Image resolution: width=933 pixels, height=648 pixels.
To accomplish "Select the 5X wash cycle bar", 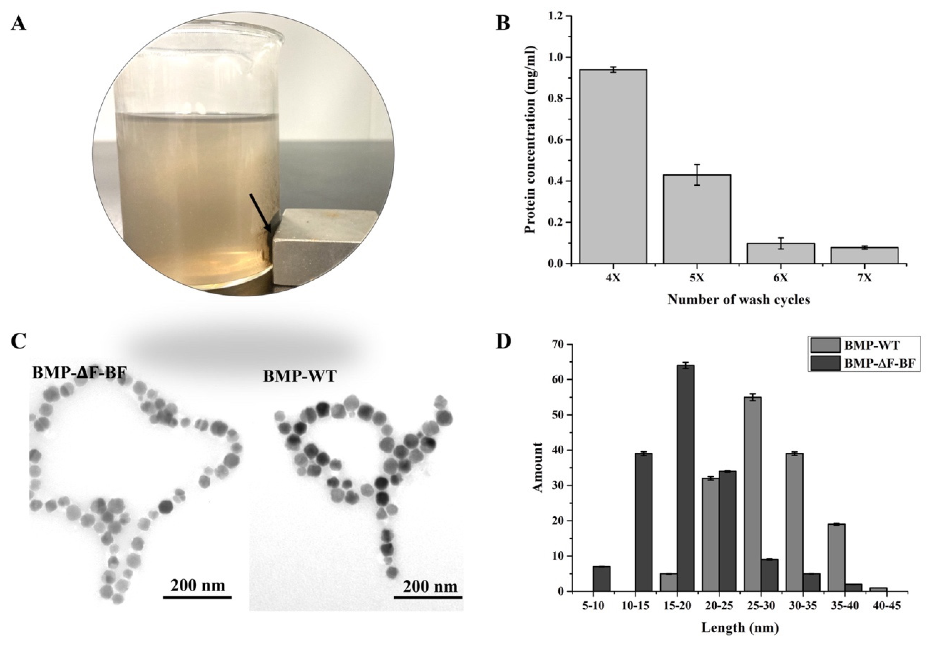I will (x=697, y=219).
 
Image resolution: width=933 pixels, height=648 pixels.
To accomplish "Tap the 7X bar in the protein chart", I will (x=864, y=255).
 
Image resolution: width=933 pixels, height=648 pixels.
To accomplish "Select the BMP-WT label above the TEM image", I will (x=300, y=376).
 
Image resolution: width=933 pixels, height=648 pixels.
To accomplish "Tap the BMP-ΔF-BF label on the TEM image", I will (x=79, y=372).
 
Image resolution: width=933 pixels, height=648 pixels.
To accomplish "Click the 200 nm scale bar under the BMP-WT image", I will (x=428, y=597).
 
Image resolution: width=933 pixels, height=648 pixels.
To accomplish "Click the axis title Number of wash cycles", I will (x=738, y=300).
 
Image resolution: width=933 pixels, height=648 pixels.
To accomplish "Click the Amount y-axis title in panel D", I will (x=538, y=467).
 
